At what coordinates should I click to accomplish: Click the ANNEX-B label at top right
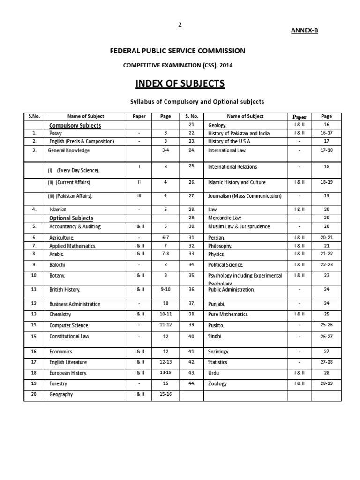pyautogui.click(x=305, y=30)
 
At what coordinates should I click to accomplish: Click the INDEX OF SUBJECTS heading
pyautogui.click(x=180, y=84)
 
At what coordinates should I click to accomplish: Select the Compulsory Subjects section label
pyautogui.click(x=75, y=126)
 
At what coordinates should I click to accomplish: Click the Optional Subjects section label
pyautogui.click(x=71, y=218)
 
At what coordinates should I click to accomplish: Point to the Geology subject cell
pyautogui.click(x=217, y=126)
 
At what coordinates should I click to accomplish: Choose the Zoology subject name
pyautogui.click(x=217, y=384)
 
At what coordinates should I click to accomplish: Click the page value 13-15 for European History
pyautogui.click(x=165, y=373)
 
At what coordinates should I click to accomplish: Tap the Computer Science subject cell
pyautogui.click(x=69, y=325)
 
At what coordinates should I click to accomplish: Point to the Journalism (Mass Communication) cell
pyautogui.click(x=245, y=196)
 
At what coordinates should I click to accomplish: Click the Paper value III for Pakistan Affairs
pyautogui.click(x=139, y=196)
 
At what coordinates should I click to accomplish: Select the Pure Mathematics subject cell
pyautogui.click(x=228, y=314)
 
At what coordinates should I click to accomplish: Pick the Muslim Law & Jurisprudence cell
pyautogui.click(x=239, y=227)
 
